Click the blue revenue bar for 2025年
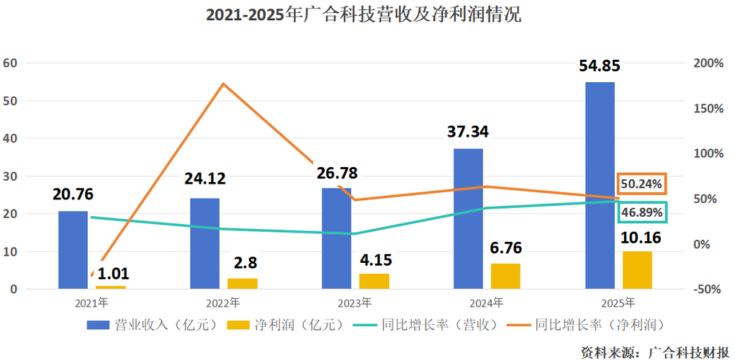tap(600, 186)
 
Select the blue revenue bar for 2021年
tap(73, 250)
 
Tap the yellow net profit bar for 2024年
tap(505, 276)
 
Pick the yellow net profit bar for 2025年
tap(637, 270)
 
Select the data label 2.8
tap(241, 262)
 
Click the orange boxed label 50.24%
tap(641, 184)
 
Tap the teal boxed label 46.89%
tap(641, 212)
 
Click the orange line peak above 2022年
tap(224, 84)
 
